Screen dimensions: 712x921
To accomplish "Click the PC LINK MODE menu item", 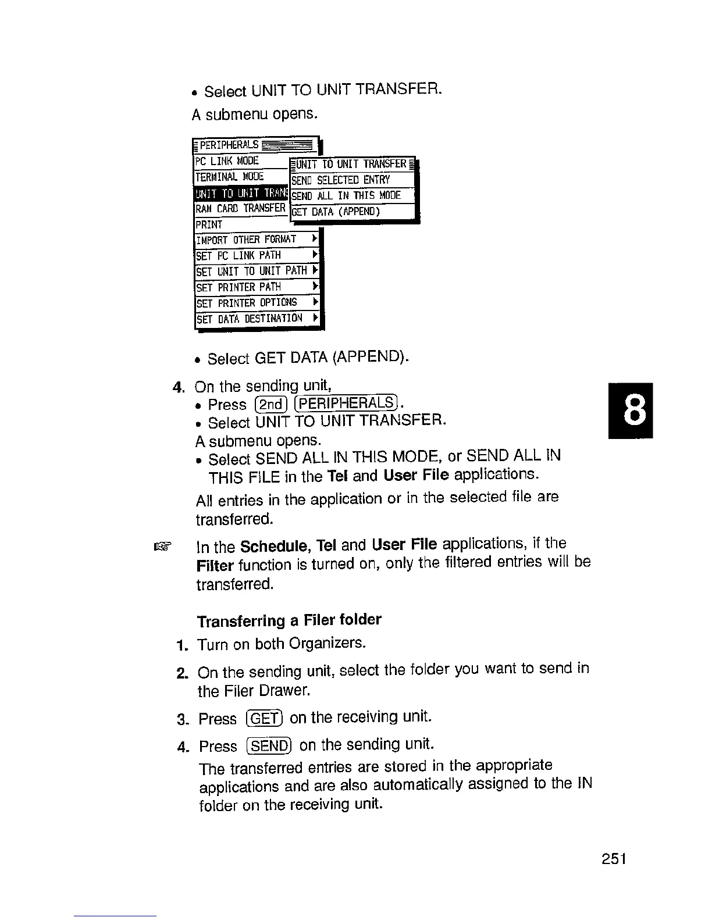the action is point(227,161).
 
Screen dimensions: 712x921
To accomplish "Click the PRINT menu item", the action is point(209,224).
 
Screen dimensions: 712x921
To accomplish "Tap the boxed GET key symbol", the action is point(264,719).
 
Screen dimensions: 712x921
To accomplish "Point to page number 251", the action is point(614,859).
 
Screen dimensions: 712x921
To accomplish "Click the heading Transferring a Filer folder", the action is point(289,620).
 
